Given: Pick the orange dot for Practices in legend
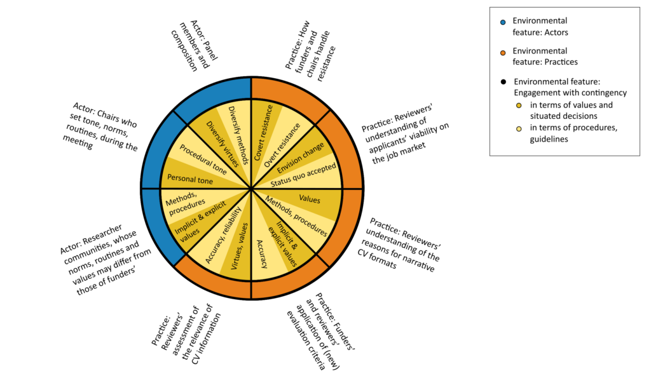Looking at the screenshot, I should point(503,51).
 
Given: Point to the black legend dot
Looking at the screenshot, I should point(503,81).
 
